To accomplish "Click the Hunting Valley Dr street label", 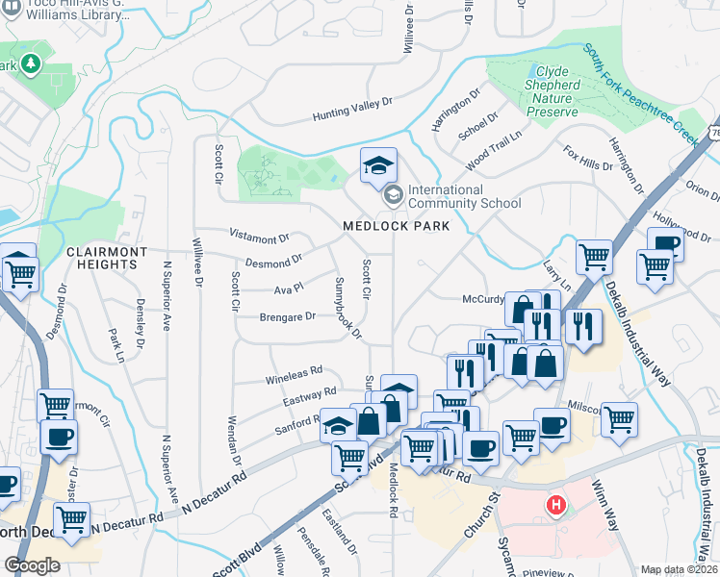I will coord(353,109).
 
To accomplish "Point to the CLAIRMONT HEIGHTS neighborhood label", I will coord(107,258).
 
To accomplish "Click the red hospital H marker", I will coord(554,504).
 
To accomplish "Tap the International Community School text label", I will coord(464,196).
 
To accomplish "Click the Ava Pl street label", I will coord(289,288).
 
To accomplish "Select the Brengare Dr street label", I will coord(287,316).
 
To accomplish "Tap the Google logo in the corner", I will coord(32,565).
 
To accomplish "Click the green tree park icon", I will coord(31,64).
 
